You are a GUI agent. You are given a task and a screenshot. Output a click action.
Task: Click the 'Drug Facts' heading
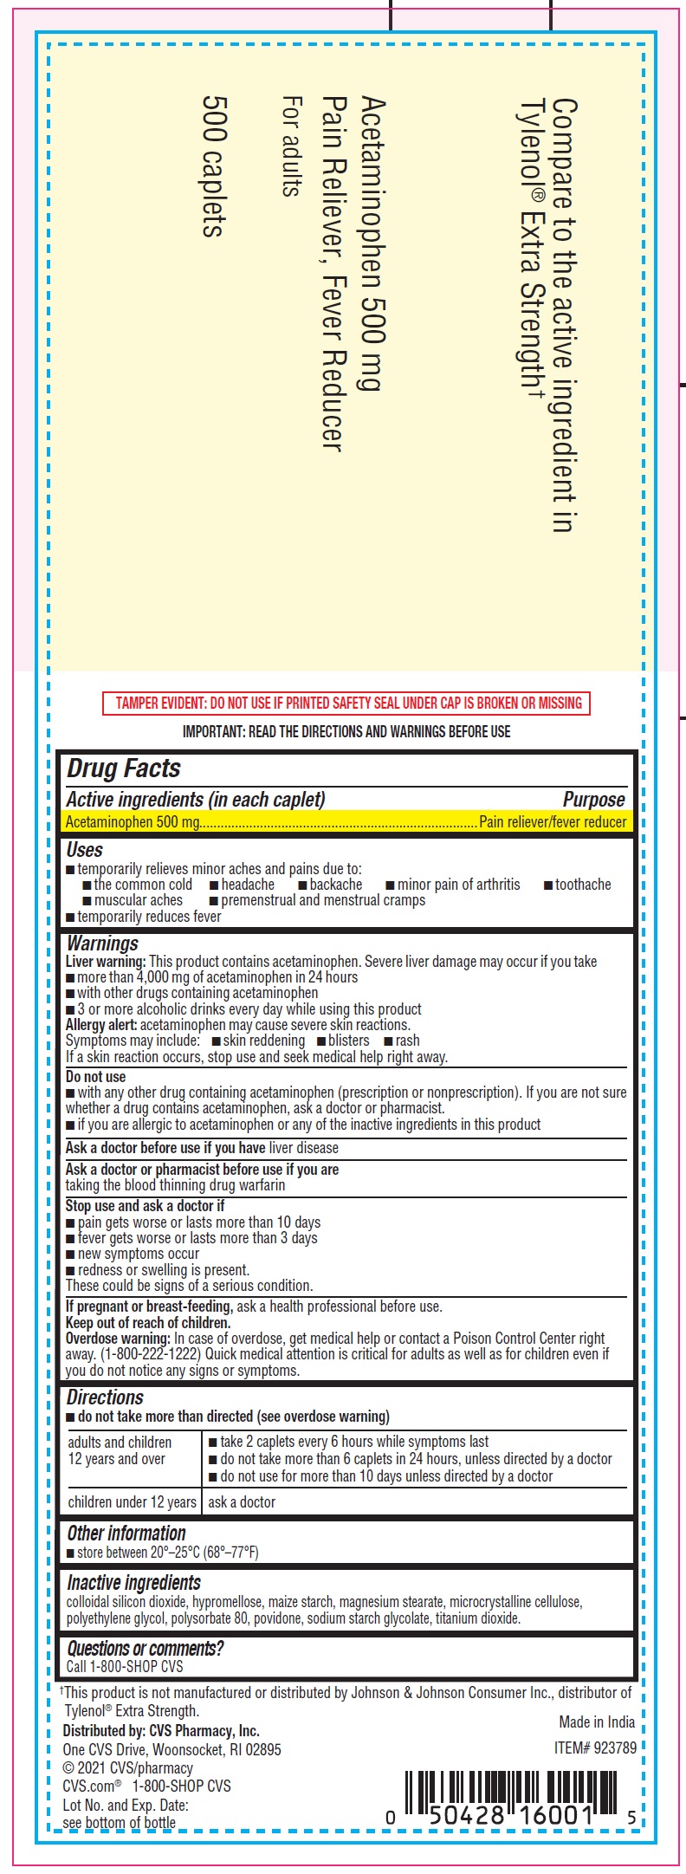pos(124,768)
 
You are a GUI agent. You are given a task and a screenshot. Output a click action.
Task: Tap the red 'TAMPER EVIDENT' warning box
pos(346,703)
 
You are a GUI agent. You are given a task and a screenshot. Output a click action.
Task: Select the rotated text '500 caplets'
pos(214,165)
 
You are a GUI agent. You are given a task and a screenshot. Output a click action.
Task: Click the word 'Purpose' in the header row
pos(593,800)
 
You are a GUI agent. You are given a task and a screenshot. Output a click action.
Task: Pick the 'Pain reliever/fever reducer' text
pos(553,821)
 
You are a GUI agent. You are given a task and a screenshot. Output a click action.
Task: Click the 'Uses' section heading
pos(85,850)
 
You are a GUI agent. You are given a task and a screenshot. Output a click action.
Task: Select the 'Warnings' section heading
pos(102,943)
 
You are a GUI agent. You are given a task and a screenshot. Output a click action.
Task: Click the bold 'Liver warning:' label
pos(106,962)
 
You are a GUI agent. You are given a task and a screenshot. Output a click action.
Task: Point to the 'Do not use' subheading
pos(96,1077)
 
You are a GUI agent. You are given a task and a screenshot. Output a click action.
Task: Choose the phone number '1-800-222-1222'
pos(150,1354)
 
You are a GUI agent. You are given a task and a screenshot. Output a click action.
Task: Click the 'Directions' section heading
pos(105,1397)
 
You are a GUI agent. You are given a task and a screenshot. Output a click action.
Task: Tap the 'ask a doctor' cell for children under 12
pos(242,1502)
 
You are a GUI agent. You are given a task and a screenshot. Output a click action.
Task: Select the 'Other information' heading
pos(126,1533)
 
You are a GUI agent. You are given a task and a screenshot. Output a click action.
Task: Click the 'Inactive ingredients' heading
pos(133,1583)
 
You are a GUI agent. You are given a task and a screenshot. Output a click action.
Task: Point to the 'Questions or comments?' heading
pos(145,1649)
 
